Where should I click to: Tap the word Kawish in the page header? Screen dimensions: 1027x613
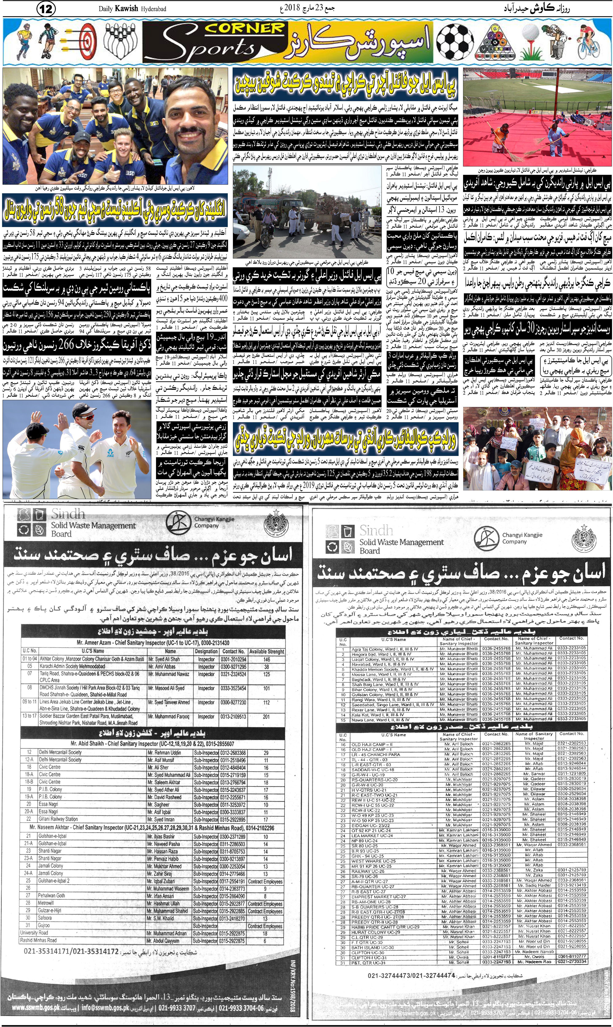click(127, 9)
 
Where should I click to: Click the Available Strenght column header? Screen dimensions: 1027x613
click(266, 651)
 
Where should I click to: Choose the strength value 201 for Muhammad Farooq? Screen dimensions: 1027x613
click(266, 717)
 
